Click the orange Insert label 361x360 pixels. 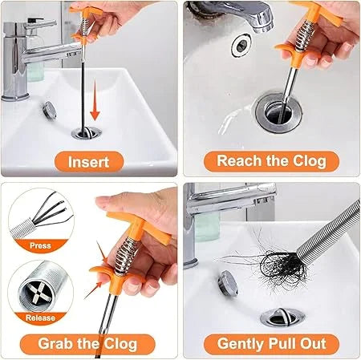(x=88, y=160)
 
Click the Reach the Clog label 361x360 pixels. (x=271, y=160)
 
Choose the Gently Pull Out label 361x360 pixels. (x=271, y=344)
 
